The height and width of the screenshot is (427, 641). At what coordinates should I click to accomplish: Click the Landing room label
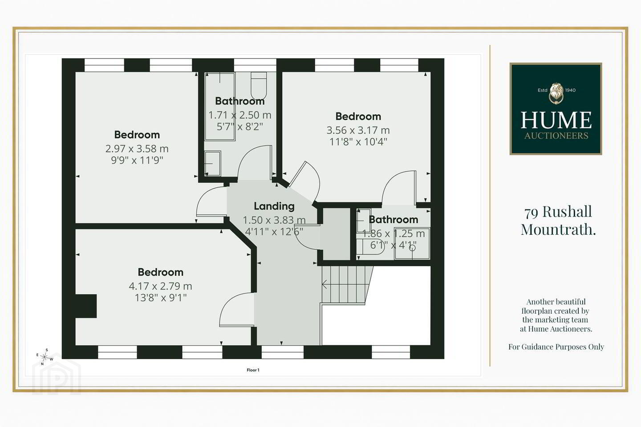pos(274,206)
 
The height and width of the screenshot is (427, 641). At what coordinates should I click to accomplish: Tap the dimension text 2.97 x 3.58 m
pos(137,149)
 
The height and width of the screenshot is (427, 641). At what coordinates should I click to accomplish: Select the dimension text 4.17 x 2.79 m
pos(161,286)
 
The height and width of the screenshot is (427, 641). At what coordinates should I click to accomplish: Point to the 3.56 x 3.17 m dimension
pos(358,130)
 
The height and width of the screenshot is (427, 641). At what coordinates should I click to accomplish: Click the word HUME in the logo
pos(556,120)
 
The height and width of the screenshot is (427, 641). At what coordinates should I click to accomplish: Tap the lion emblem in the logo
pos(556,93)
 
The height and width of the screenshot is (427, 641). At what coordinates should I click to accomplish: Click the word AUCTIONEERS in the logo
pos(556,136)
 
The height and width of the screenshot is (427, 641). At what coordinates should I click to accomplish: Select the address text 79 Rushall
pos(558,212)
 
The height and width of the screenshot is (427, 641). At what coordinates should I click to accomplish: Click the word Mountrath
pos(558,230)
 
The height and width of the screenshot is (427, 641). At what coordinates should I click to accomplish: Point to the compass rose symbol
pos(45,357)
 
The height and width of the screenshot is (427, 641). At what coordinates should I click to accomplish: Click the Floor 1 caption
pos(253,370)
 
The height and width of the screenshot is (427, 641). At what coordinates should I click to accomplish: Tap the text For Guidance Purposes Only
pos(556,347)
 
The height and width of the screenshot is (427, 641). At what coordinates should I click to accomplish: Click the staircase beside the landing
pos(347,284)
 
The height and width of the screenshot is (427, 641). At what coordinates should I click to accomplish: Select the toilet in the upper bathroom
pos(259,85)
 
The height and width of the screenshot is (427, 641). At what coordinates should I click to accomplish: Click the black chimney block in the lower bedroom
pos(86,306)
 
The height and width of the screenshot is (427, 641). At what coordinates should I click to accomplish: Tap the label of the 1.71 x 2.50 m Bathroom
pos(240,101)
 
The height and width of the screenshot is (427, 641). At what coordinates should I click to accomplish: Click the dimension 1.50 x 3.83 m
pos(274,220)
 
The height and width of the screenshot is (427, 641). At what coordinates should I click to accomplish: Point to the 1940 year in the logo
pos(570,90)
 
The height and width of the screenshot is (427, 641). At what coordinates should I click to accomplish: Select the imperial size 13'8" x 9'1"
pos(161,298)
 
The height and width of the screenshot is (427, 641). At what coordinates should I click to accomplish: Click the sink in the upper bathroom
pos(213,164)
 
